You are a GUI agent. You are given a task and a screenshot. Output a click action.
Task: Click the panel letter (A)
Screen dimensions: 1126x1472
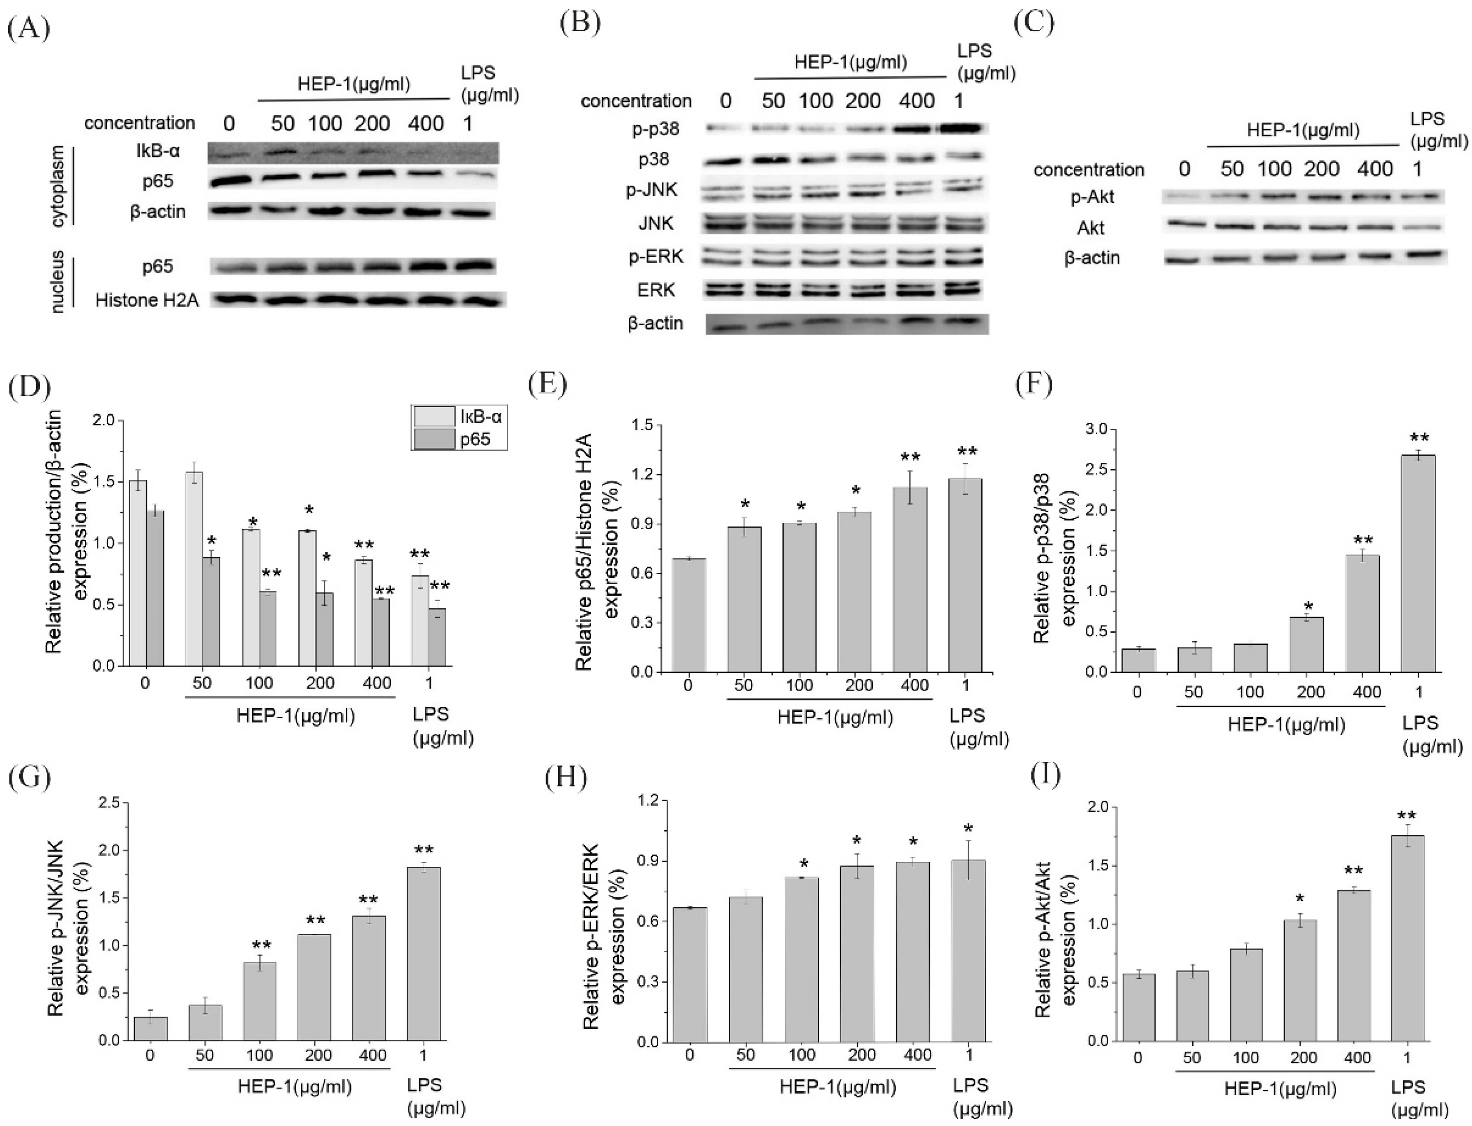[x=28, y=30]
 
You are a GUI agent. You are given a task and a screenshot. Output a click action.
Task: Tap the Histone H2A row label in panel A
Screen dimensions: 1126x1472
[x=147, y=299]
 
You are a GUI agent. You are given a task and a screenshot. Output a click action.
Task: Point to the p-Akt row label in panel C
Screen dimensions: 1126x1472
[x=1093, y=197]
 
